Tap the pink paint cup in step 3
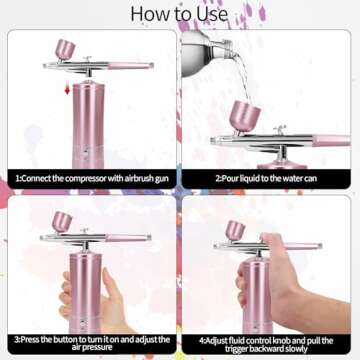click(x=62, y=221)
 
